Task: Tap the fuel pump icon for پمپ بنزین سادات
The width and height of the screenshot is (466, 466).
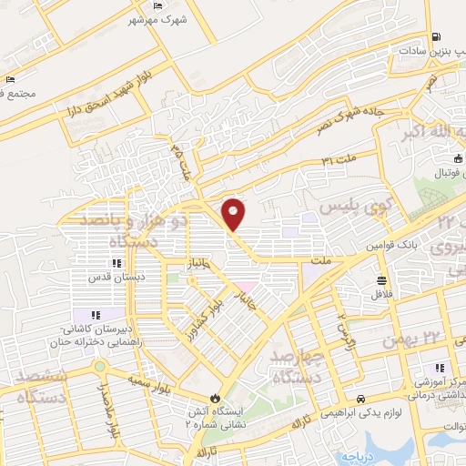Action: (x=439, y=37)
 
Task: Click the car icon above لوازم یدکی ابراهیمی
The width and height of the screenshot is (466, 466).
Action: (x=362, y=399)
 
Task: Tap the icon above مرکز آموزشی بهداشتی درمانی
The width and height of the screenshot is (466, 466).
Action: (x=441, y=369)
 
